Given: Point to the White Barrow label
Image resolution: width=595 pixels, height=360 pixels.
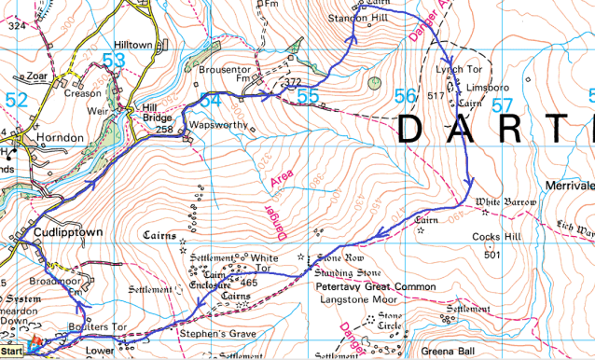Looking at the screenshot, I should pyautogui.click(x=506, y=201).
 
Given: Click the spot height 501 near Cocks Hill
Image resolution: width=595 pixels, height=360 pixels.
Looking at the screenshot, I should pyautogui.click(x=493, y=254).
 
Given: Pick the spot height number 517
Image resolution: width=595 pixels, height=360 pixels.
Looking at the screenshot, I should pyautogui.click(x=436, y=96).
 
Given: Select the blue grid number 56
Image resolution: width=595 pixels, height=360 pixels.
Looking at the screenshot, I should pyautogui.click(x=404, y=95).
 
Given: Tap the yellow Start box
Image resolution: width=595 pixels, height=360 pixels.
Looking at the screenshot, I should pyautogui.click(x=12, y=353).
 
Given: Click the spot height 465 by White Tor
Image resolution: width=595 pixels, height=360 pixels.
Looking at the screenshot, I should pyautogui.click(x=248, y=283).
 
